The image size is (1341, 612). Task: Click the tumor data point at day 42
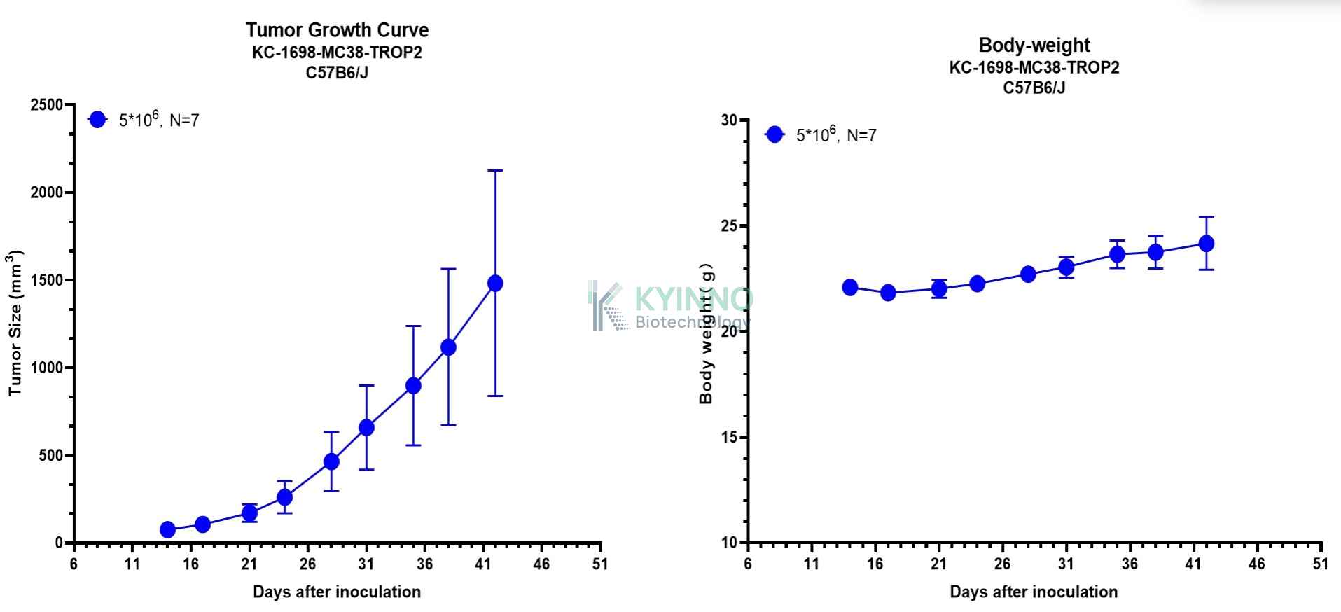pyautogui.click(x=495, y=283)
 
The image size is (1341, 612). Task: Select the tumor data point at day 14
pyautogui.click(x=167, y=529)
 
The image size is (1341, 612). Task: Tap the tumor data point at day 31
pyautogui.click(x=366, y=427)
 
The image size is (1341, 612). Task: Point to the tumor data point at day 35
pyautogui.click(x=413, y=385)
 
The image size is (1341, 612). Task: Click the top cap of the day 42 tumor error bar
pyautogui.click(x=495, y=170)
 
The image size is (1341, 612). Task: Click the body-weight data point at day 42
pyautogui.click(x=1206, y=244)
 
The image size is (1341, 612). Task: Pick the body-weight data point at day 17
pyautogui.click(x=888, y=293)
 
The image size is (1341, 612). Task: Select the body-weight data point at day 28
pyautogui.click(x=1028, y=274)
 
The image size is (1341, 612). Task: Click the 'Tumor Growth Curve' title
pyautogui.click(x=337, y=30)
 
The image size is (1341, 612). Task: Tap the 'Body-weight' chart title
pyautogui.click(x=1034, y=45)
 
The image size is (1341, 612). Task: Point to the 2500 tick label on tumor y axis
pyautogui.click(x=46, y=105)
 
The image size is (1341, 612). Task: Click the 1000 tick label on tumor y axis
pyautogui.click(x=46, y=368)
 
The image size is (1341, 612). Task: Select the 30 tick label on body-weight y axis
pyautogui.click(x=729, y=120)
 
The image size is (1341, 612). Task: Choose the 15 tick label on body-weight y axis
pyautogui.click(x=729, y=437)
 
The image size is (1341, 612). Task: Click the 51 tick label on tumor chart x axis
pyautogui.click(x=600, y=564)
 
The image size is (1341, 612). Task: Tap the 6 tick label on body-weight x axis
pyautogui.click(x=748, y=564)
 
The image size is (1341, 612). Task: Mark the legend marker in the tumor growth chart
pyautogui.click(x=97, y=120)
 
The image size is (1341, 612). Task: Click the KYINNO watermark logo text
pyautogui.click(x=693, y=300)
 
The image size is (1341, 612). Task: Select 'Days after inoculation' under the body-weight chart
pyautogui.click(x=1034, y=592)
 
